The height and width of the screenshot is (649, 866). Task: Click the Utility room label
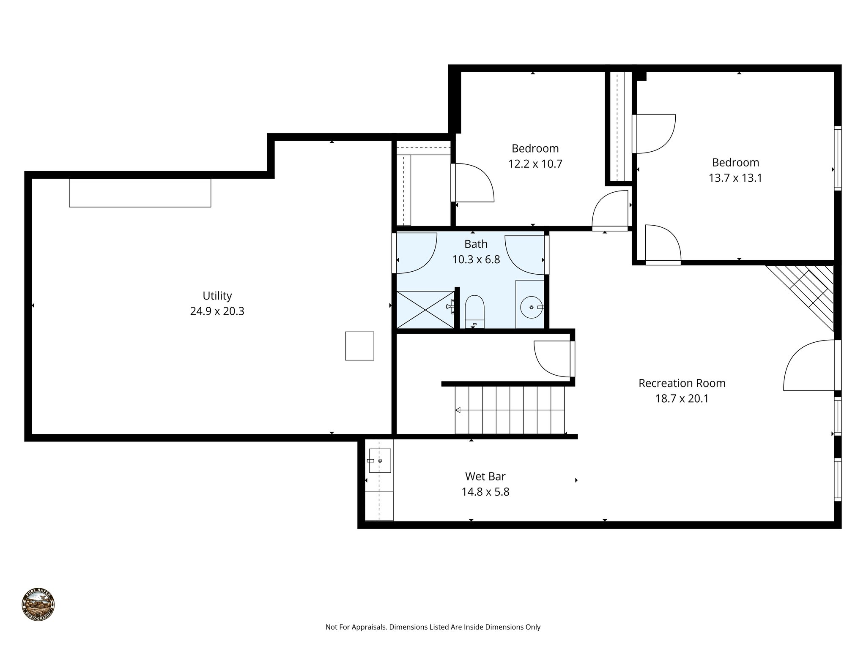[x=217, y=296]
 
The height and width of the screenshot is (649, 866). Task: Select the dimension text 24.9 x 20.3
[x=217, y=311]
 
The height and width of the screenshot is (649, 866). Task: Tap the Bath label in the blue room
[x=476, y=244]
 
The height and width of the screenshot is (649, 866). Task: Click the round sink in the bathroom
[x=531, y=308]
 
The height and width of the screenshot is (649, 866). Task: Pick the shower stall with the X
[x=425, y=309]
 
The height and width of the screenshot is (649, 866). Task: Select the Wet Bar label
[x=485, y=477]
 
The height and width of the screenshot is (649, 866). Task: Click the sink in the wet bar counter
[x=379, y=461]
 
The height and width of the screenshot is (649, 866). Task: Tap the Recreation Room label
[x=682, y=383]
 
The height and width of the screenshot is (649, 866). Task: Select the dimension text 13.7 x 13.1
[x=735, y=178]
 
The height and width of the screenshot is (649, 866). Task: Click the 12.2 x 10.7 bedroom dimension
[x=535, y=164]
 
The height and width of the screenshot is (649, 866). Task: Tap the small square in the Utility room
[x=359, y=346]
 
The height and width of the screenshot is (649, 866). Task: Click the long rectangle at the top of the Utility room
[x=140, y=193]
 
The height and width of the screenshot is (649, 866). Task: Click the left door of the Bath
[x=417, y=253]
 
